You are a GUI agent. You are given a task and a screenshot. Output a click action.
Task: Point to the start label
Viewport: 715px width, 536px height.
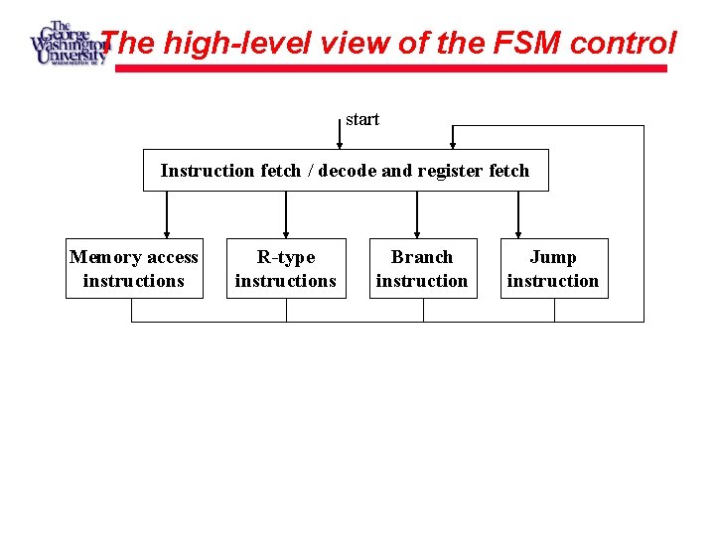362,119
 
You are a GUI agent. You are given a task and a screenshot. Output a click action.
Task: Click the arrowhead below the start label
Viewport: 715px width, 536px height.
340,144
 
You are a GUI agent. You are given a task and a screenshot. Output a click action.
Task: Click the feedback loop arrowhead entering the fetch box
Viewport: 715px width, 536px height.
453,144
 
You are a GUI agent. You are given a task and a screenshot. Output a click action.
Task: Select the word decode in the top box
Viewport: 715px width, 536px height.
349,171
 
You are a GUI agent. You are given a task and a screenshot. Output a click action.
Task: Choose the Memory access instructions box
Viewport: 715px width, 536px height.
134,269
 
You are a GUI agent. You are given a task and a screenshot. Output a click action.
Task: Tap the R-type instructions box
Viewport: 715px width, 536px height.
286,269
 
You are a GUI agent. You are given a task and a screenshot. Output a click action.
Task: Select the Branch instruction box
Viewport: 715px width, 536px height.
422,269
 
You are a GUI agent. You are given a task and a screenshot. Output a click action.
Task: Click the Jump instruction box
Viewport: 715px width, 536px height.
553,269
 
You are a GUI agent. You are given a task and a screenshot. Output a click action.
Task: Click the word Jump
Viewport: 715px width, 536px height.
553,257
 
